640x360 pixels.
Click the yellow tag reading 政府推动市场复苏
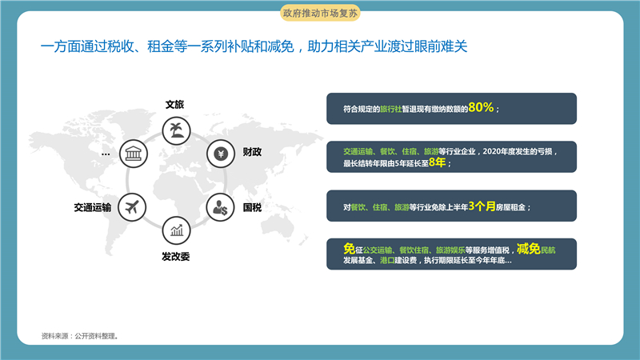click(320, 13)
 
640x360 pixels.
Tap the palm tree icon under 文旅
click(176, 131)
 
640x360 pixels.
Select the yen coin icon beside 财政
click(221, 154)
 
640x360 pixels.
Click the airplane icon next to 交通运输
click(132, 207)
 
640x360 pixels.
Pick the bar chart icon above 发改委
click(176, 230)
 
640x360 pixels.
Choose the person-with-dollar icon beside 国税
click(221, 207)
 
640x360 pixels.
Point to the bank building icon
click(134, 154)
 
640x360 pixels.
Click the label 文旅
click(174, 105)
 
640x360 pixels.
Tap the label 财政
click(252, 152)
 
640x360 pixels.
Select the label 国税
click(252, 207)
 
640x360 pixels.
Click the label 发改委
click(176, 256)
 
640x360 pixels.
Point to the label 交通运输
click(93, 207)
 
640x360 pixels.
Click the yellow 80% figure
click(482, 107)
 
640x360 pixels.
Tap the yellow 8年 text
click(437, 162)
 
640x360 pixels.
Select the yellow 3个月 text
click(482, 206)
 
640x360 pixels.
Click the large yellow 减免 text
click(529, 248)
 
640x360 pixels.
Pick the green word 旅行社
click(391, 109)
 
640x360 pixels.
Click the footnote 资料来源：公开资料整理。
click(80, 336)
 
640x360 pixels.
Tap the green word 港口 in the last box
click(387, 261)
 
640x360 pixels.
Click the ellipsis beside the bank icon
click(106, 154)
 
